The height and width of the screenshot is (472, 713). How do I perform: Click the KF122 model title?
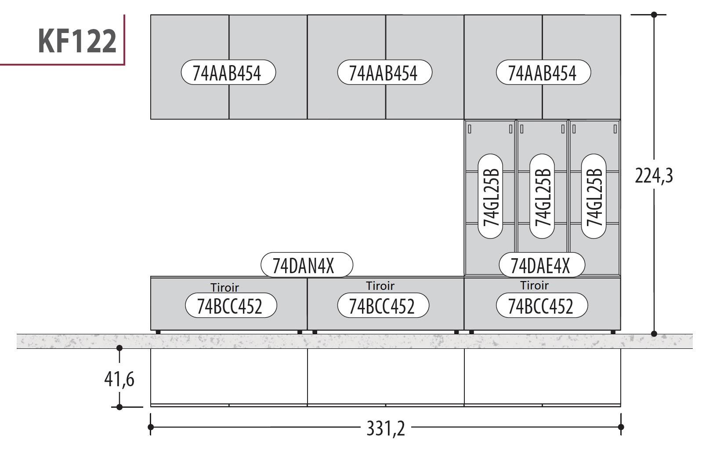click(77, 41)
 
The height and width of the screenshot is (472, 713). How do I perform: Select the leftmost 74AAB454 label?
click(228, 73)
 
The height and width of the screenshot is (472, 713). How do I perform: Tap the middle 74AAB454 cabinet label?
click(384, 73)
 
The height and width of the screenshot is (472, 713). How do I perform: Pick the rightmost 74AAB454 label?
click(543, 73)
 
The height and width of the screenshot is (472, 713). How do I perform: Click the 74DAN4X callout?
click(307, 265)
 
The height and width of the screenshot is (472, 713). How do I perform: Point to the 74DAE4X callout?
click(542, 265)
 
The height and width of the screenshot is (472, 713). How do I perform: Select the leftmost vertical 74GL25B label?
click(490, 196)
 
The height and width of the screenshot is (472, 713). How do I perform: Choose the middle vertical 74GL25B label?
click(542, 196)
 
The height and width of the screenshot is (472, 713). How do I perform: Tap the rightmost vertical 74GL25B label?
click(594, 196)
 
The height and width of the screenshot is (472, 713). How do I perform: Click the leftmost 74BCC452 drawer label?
click(231, 306)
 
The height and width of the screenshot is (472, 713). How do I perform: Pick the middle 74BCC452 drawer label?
click(383, 306)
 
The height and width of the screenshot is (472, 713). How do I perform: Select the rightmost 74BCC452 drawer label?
click(541, 306)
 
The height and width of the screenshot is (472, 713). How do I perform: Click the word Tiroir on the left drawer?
click(224, 288)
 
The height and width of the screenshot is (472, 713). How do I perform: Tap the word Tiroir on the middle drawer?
click(380, 286)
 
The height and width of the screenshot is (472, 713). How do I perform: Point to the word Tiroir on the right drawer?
click(535, 285)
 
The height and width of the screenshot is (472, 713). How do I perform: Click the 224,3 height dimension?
click(654, 176)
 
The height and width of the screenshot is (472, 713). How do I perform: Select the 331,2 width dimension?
click(386, 428)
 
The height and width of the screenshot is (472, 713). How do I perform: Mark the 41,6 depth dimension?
click(119, 379)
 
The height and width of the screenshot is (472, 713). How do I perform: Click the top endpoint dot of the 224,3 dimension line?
click(654, 15)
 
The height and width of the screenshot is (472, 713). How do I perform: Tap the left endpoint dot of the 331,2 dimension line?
click(151, 427)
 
